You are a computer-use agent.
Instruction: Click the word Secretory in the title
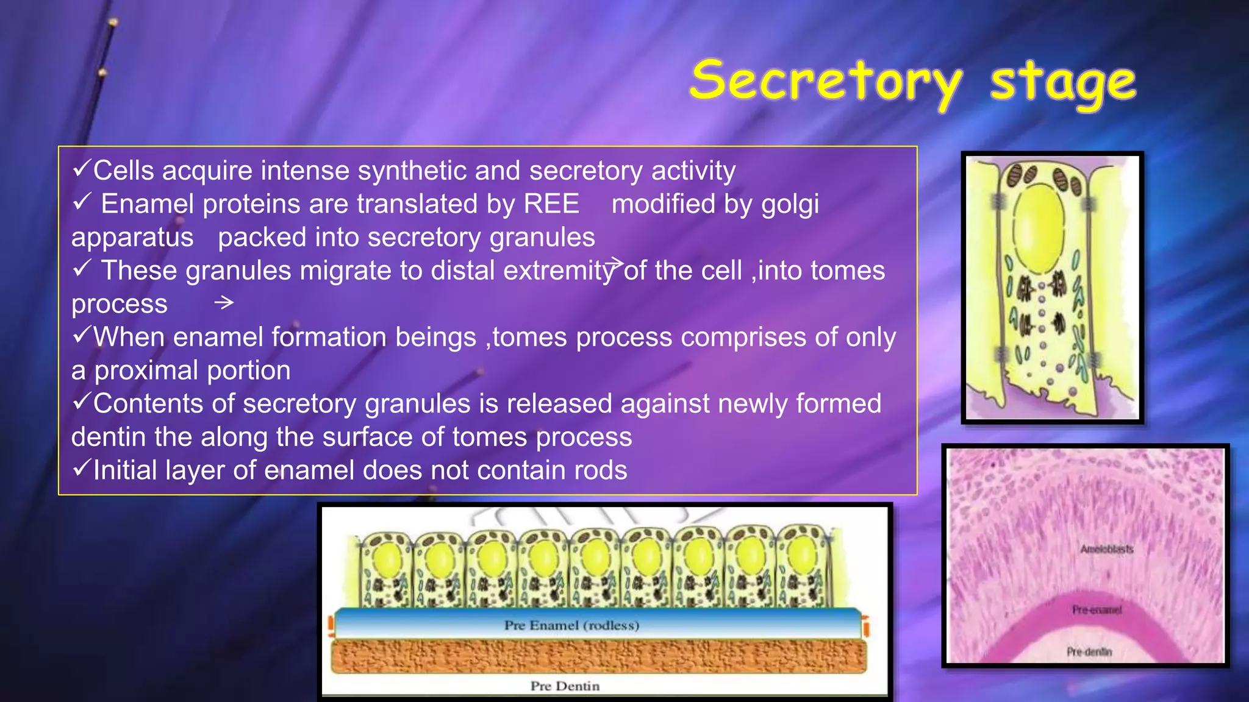826,82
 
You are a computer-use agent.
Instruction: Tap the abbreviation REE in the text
551,204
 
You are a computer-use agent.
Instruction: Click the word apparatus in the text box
132,238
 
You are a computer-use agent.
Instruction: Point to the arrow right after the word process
224,302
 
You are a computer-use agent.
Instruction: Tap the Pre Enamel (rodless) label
571,625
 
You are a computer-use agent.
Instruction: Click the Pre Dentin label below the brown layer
565,686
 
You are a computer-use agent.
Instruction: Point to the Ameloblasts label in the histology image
1106,549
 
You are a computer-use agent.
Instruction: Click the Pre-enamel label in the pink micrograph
1097,610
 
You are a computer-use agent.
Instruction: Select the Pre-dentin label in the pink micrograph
1089,652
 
